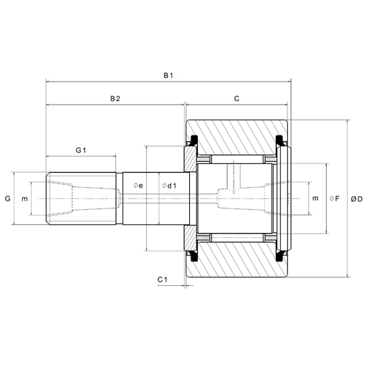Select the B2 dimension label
[115, 98]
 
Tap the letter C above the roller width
[236, 98]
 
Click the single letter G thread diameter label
[8, 198]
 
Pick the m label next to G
[25, 198]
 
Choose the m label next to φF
[315, 198]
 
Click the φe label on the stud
[138, 186]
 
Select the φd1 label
[169, 186]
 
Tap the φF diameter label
[333, 198]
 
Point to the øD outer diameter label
[356, 198]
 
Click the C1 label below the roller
[162, 279]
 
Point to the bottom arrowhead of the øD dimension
[348, 275]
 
